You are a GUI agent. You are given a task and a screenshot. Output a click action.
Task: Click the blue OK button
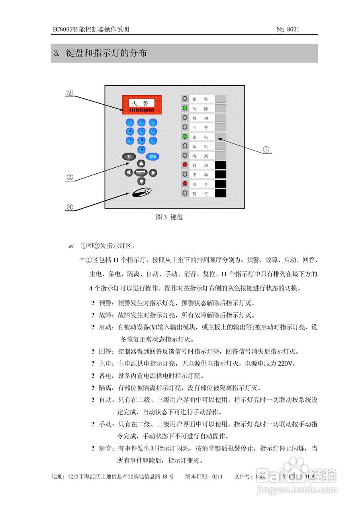click(x=153, y=156)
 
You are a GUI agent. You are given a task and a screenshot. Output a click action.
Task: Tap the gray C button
click(x=129, y=156)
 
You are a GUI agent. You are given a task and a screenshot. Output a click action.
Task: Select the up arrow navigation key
click(x=141, y=163)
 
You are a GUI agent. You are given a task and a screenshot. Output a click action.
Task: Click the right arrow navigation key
click(x=153, y=173)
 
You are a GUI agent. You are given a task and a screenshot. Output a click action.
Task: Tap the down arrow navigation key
click(x=141, y=181)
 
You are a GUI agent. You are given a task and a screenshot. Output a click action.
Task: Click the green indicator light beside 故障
click(x=185, y=108)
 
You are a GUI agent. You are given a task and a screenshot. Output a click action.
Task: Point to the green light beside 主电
click(x=185, y=137)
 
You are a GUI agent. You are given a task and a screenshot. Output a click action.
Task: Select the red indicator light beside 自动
click(x=185, y=165)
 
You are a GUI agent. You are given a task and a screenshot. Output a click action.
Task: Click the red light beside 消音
click(x=185, y=184)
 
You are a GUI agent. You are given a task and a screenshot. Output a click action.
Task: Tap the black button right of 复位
click(x=221, y=193)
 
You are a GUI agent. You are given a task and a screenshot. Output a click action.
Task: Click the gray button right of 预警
click(x=221, y=99)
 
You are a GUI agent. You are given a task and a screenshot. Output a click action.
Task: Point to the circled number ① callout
click(x=266, y=149)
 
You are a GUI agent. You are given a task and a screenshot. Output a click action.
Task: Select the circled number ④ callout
click(x=70, y=207)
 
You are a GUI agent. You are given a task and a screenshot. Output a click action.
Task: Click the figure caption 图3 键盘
click(x=169, y=217)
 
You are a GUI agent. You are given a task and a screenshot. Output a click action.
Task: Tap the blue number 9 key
click(x=153, y=140)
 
